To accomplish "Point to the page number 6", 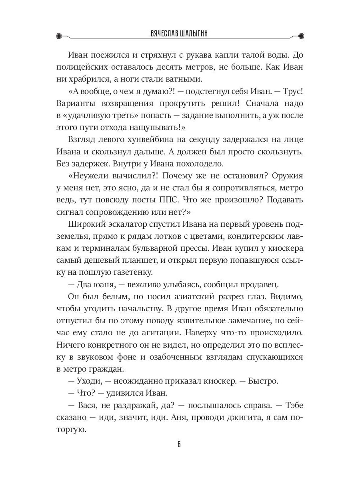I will coord(180,445).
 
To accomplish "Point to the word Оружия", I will coord(287,175).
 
